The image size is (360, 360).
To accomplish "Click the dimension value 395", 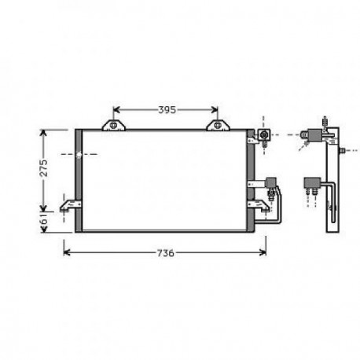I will pos(165,109).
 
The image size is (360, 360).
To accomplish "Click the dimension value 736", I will pos(164,253).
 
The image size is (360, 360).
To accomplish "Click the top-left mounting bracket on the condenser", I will pos(115,126).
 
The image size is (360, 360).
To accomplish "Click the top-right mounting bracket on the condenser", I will pos(217,126).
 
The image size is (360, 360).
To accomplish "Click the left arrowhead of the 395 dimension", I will pos(117,109).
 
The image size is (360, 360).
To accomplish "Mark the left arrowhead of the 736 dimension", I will pos(66,253).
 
